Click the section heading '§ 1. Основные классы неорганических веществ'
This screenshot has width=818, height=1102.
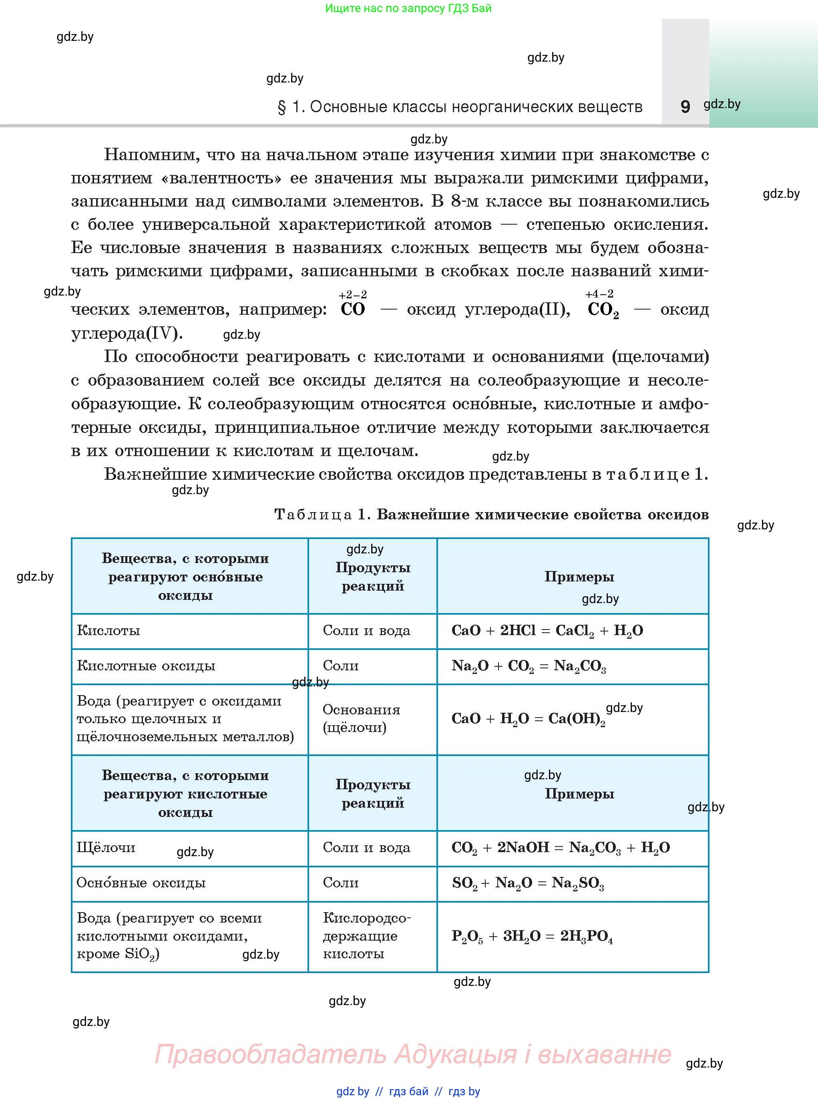click(460, 107)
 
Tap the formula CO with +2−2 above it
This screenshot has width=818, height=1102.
click(353, 309)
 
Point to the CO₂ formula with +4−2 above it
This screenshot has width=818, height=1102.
click(602, 310)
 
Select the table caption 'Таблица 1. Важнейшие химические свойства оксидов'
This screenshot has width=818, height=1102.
click(491, 514)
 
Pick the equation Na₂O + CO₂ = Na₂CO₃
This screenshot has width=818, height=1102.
click(529, 666)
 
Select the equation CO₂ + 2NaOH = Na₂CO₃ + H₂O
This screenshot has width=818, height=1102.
click(560, 847)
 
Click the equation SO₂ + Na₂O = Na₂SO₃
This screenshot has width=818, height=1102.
click(527, 883)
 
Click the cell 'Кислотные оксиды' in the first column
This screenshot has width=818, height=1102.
click(146, 666)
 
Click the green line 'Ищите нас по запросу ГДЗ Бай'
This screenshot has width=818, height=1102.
click(408, 8)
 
